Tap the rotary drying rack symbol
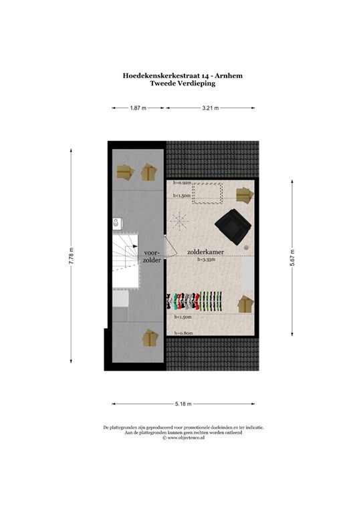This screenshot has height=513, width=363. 180,220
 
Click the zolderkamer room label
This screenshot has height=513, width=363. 205,252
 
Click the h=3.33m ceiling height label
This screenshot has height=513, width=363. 205,260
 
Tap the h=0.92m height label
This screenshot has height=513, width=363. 182,182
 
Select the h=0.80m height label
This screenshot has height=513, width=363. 183,333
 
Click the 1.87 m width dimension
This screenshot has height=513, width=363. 138,107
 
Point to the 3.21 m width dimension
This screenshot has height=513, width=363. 210,107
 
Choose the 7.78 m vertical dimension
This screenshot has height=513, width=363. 70,257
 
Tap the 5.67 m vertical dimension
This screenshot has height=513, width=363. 292,257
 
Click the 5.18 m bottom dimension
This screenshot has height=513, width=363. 183,404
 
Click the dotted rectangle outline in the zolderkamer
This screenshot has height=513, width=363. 208,192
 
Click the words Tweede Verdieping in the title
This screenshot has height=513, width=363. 182,85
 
